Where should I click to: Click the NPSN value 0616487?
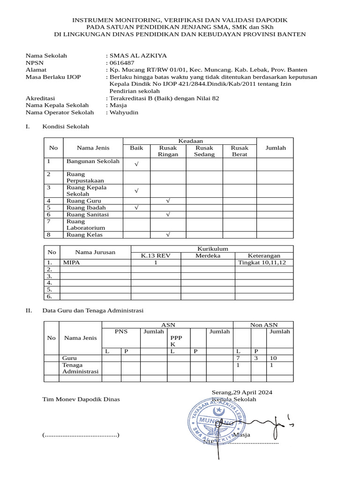click(x=122, y=62)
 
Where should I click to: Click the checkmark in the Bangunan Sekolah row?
click(x=136, y=164)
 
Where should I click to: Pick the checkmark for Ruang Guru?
click(x=168, y=201)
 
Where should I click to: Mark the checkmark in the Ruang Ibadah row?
click(x=136, y=208)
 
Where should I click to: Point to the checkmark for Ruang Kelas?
click(x=168, y=234)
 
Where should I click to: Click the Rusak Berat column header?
click(x=240, y=151)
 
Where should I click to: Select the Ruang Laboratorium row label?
click(x=82, y=225)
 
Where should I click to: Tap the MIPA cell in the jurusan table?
click(x=72, y=262)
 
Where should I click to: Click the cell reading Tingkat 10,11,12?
click(x=264, y=262)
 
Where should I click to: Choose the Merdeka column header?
click(x=208, y=255)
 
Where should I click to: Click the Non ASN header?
click(x=263, y=324)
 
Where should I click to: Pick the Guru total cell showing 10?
click(x=274, y=358)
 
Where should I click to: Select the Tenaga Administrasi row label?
click(x=80, y=368)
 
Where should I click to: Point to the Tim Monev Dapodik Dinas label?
click(x=81, y=399)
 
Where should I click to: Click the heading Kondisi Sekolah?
click(x=66, y=127)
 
